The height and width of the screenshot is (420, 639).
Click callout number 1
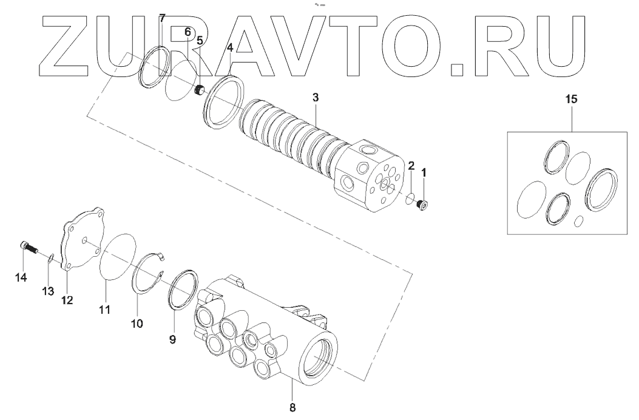424,172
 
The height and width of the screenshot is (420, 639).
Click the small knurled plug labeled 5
198,91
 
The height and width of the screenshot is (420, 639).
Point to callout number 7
162,18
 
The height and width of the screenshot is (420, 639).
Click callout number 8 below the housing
292,407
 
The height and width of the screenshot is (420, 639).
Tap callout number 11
105,310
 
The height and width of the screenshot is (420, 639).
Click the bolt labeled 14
28,246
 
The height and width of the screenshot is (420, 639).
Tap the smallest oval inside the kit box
578,221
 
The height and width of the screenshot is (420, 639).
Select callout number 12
67,299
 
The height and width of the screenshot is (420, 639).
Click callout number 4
229,47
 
